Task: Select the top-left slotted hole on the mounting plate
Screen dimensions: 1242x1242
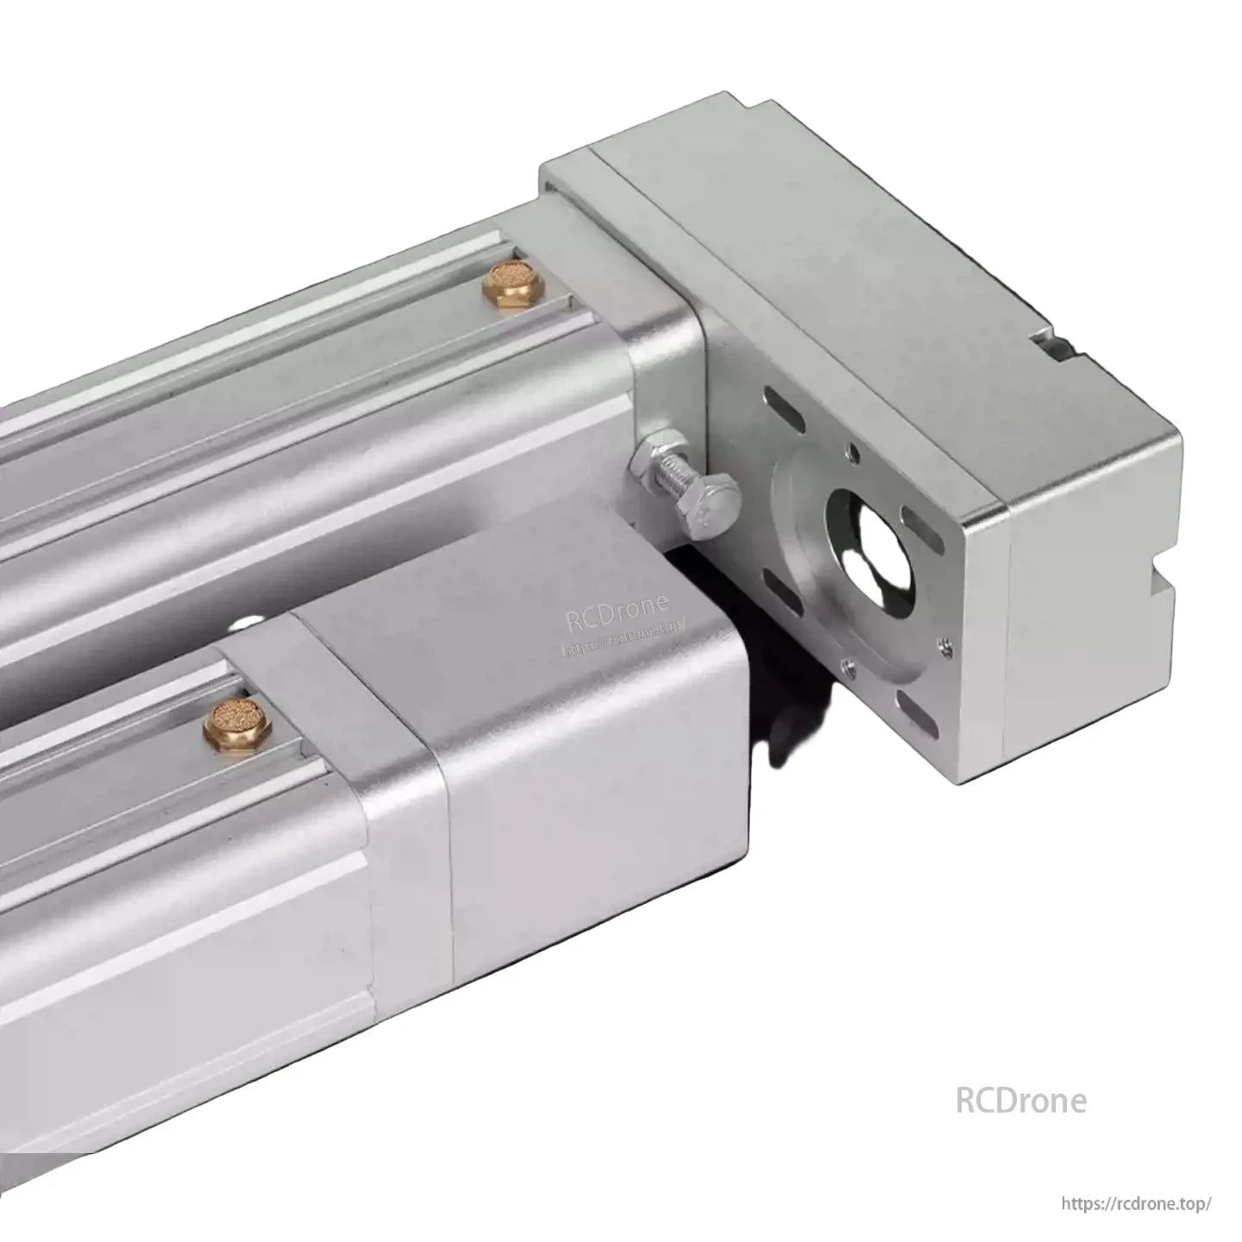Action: [x=786, y=409]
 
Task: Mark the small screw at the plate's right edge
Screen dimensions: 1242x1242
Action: [x=946, y=641]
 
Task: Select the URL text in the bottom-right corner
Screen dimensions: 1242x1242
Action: [x=1138, y=1203]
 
